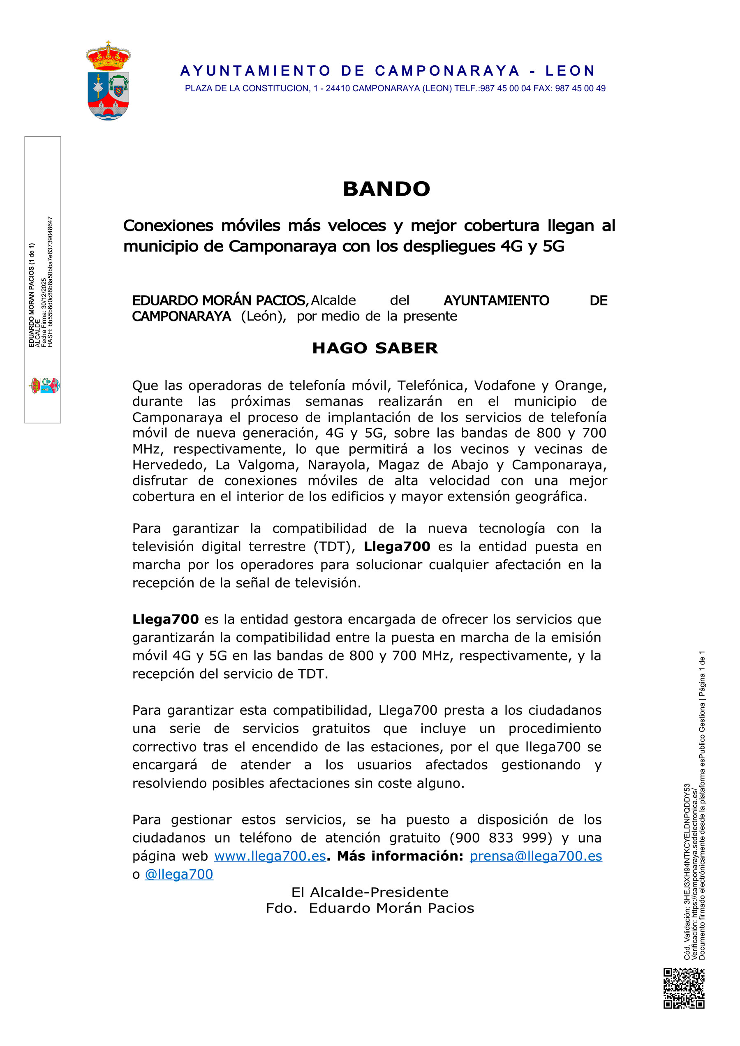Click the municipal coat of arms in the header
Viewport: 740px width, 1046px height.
tap(108, 81)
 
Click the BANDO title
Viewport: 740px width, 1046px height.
tap(386, 189)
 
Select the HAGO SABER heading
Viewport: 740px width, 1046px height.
tap(375, 349)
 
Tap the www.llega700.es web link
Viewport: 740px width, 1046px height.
tap(270, 856)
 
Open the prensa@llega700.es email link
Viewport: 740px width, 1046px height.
tap(535, 856)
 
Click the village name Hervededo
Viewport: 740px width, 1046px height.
tap(168, 465)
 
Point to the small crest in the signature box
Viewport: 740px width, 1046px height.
tap(45, 386)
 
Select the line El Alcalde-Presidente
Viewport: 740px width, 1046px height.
tap(370, 892)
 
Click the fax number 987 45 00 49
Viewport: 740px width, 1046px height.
tap(580, 88)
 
